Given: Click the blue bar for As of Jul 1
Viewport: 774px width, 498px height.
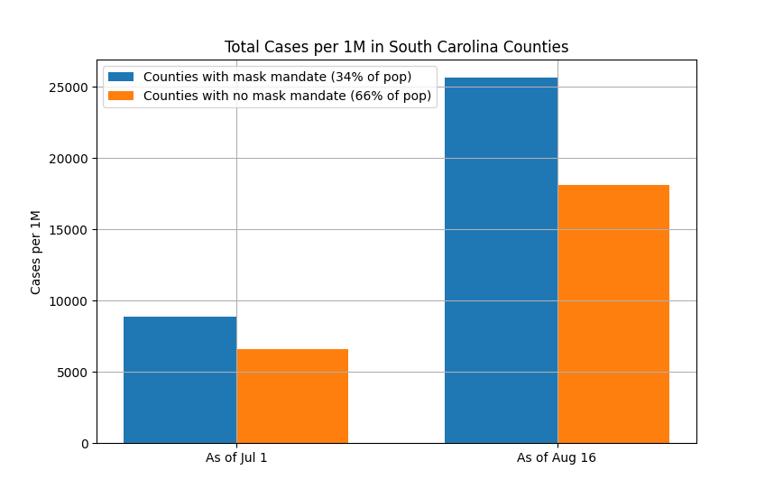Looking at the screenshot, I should (180, 380).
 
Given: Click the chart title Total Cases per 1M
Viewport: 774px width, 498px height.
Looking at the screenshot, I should (396, 47).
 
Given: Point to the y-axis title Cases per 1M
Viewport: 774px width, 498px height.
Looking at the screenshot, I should (36, 252).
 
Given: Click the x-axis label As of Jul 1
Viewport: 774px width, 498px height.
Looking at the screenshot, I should (236, 457).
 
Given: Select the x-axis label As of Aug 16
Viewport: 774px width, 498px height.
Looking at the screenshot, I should (557, 457).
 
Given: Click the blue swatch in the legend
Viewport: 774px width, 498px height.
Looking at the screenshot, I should (121, 78).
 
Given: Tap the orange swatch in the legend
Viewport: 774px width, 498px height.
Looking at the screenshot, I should (121, 96).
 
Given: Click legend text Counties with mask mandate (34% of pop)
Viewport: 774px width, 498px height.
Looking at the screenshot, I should (277, 78).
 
